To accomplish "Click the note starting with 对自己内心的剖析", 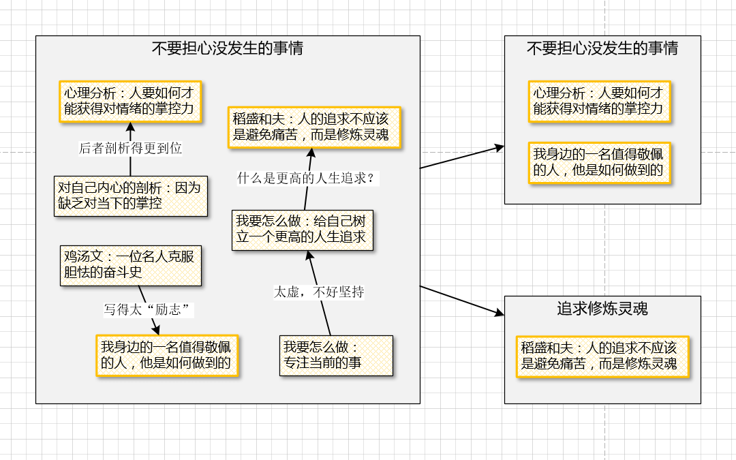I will [x=131, y=196].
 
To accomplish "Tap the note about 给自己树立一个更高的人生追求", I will [x=303, y=230].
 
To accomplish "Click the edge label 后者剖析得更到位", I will [x=131, y=148].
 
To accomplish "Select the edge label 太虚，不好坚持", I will [x=319, y=292].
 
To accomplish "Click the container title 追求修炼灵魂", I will [x=602, y=309].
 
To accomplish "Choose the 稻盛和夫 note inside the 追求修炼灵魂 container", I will [x=602, y=356].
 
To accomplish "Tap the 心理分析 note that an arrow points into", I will [x=131, y=102].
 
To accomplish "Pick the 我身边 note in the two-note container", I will [x=600, y=162].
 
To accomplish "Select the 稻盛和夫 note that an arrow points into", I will [x=314, y=126].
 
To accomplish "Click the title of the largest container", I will [x=228, y=49].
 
